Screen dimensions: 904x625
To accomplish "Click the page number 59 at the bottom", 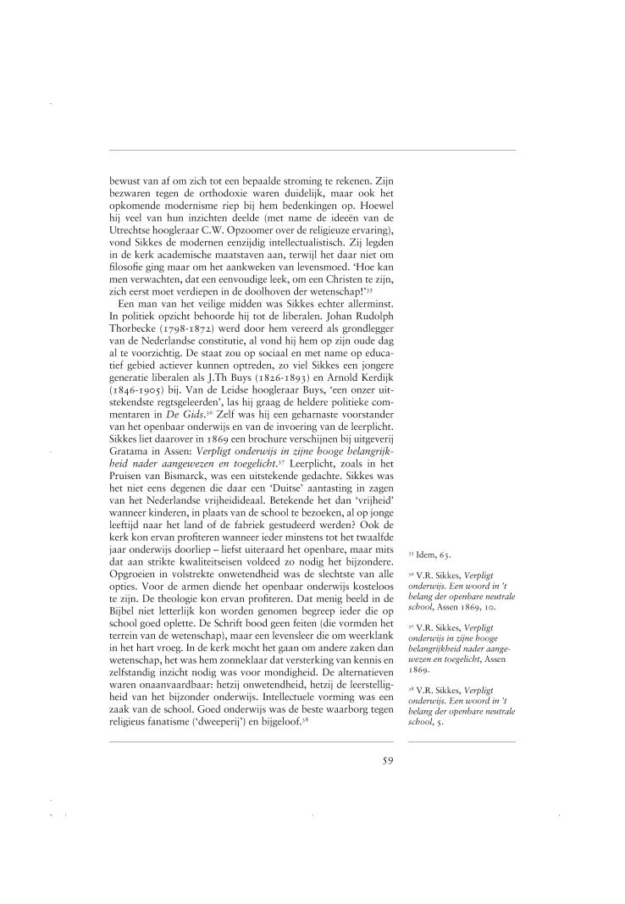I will (387, 759).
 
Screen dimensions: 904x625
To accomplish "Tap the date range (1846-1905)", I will (137, 405).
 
